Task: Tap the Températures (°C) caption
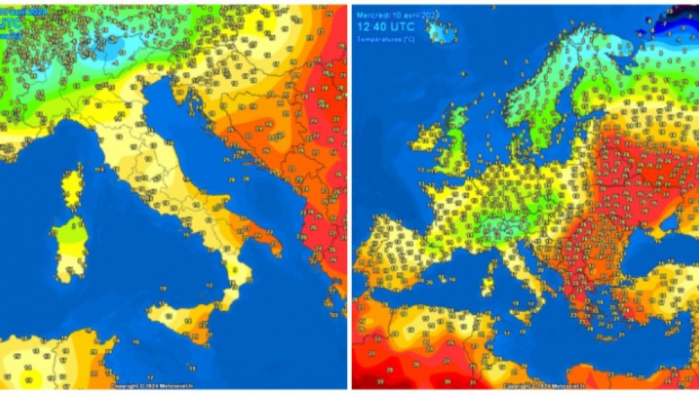pos(386,38)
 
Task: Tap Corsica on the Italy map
pos(73,188)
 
